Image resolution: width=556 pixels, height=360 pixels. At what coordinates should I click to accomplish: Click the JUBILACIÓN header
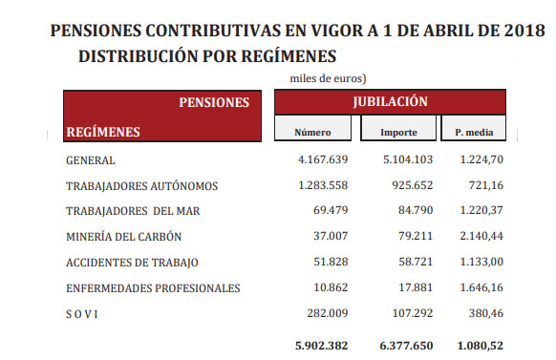point(389,101)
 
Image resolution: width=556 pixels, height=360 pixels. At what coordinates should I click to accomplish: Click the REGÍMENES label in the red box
point(102,132)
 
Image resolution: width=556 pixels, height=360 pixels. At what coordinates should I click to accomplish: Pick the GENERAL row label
point(91,160)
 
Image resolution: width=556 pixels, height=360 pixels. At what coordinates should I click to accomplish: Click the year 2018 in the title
point(524,32)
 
